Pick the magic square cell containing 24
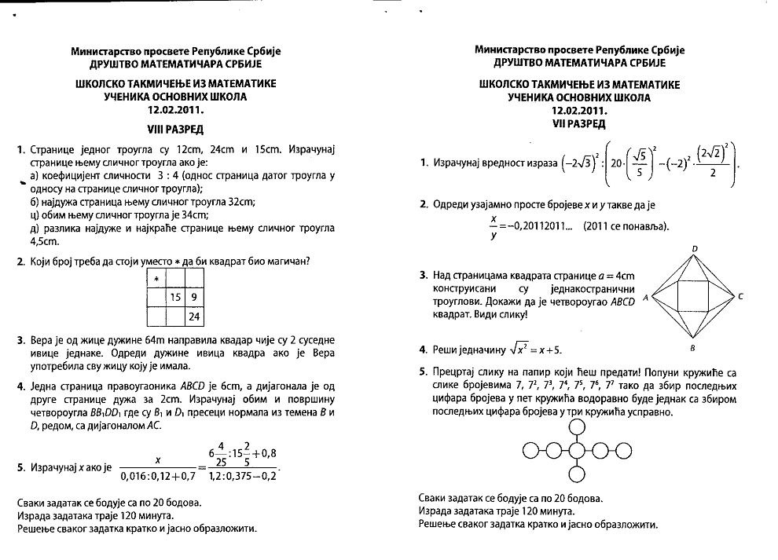pos(193,317)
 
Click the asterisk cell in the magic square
pos(157,279)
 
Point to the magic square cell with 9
pos(193,298)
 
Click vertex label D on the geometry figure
pos(694,249)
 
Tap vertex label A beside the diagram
pos(645,298)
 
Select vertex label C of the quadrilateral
pos(740,297)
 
